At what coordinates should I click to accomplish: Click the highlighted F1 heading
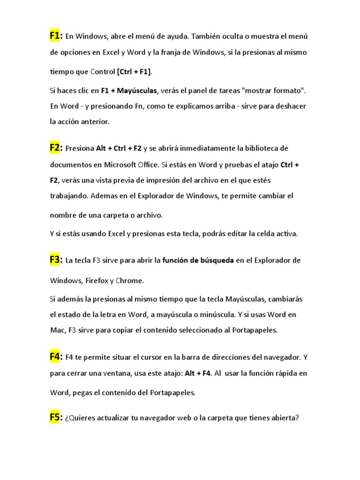[x=56, y=36]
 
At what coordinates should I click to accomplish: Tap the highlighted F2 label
[x=56, y=148]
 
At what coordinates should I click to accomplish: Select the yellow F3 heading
[x=56, y=260]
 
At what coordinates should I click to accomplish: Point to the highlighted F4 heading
[x=56, y=357]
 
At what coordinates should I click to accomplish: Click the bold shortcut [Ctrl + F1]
[x=134, y=72]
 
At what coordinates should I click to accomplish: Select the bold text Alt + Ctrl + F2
[x=119, y=149]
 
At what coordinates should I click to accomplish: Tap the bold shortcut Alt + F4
[x=197, y=374]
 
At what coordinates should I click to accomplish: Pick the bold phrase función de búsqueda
[x=198, y=261]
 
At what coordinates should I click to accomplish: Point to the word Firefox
[x=96, y=281]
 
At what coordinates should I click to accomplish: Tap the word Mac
[x=57, y=330]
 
